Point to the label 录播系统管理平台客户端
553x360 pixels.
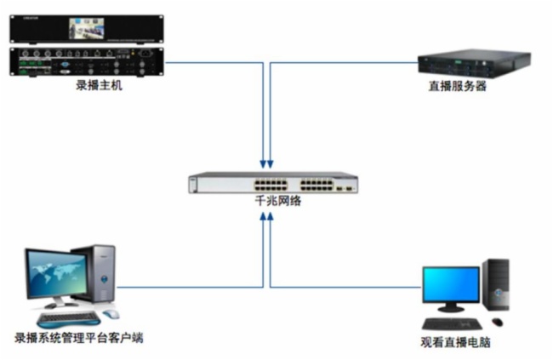(x=78, y=338)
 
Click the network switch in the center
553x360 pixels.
(x=272, y=182)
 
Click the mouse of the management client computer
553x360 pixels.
(x=111, y=314)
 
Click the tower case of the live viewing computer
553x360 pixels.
(x=495, y=288)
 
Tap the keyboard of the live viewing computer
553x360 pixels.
(x=453, y=323)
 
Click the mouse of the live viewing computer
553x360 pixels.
(x=497, y=322)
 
